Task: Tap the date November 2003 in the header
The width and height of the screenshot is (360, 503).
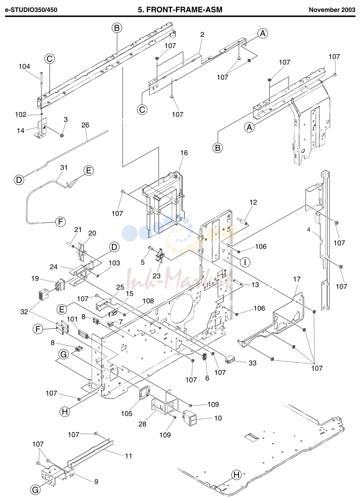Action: [332, 10]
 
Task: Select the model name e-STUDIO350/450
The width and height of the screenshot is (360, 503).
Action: [31, 10]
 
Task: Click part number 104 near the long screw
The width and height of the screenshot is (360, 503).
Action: [24, 66]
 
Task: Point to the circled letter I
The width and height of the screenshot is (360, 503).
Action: [245, 262]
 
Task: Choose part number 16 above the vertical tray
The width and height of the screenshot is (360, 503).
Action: [184, 153]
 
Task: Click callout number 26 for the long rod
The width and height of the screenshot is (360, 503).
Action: [85, 125]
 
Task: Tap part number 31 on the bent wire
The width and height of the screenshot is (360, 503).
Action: [64, 167]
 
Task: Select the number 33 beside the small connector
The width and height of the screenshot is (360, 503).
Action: [253, 363]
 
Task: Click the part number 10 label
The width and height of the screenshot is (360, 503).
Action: [218, 418]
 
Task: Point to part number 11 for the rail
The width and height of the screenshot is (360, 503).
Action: [128, 456]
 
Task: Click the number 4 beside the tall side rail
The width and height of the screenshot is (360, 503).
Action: [308, 230]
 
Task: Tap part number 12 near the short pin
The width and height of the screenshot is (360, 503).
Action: [253, 202]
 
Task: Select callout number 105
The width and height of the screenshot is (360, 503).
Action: [126, 413]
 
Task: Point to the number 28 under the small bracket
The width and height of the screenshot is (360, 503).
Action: [142, 424]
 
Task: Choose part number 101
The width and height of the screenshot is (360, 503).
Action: [72, 319]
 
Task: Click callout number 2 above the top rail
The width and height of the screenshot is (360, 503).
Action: [202, 35]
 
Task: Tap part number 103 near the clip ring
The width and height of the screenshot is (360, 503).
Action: [114, 263]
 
